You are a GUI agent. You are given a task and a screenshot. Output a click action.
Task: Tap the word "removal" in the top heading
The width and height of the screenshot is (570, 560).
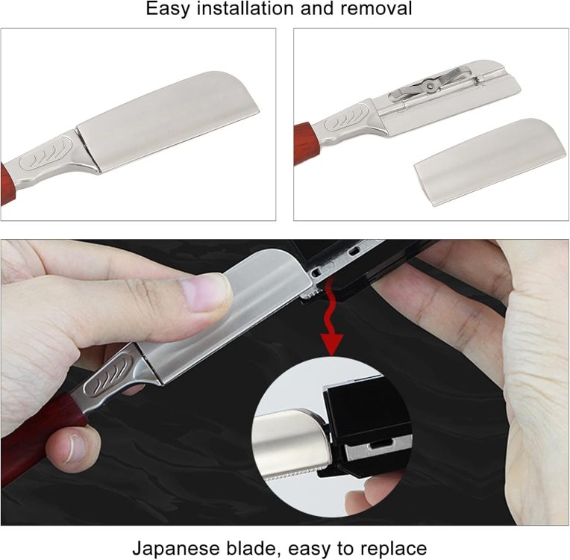click(376, 8)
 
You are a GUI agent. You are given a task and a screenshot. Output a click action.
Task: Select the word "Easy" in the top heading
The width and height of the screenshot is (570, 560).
click(168, 10)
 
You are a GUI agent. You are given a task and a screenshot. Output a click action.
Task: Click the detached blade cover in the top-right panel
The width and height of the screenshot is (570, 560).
click(490, 161)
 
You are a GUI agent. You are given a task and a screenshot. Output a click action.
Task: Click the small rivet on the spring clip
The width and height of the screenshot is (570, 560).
click(430, 86)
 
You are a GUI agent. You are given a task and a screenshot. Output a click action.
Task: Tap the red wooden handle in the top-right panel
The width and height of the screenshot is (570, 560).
click(306, 143)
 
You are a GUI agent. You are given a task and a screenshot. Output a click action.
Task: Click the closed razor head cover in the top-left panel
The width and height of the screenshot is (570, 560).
click(168, 122)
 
